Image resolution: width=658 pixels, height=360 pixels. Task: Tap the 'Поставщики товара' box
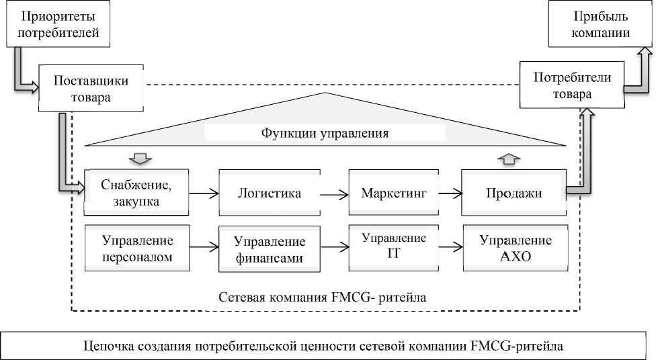[91, 89]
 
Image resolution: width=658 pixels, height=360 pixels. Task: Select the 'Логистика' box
[268, 193]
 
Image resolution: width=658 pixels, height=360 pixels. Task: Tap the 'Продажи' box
[513, 193]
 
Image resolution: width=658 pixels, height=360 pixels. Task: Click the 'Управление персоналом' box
[138, 249]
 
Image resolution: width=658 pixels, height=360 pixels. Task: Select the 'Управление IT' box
[394, 246]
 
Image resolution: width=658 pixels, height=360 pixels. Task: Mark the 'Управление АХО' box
[516, 249]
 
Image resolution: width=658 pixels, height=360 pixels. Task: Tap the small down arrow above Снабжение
[140, 159]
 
